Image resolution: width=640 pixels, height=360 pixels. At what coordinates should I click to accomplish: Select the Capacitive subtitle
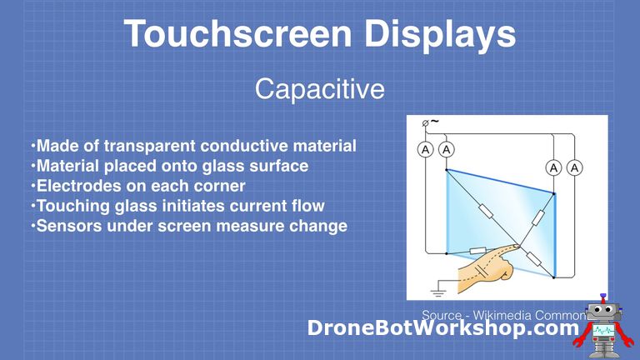pos(320,88)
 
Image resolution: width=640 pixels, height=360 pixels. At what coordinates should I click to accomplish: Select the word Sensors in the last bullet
pos(67,226)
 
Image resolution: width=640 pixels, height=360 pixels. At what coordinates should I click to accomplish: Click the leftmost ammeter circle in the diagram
pos(425,150)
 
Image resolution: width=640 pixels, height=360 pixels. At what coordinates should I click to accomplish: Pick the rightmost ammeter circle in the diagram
pos(575,168)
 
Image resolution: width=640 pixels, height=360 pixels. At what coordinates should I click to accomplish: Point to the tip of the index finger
pos(517,245)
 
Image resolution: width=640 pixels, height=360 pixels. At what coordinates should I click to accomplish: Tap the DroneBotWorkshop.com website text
pos(442,329)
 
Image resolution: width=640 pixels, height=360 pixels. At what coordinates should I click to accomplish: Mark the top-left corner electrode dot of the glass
pos(446,170)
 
